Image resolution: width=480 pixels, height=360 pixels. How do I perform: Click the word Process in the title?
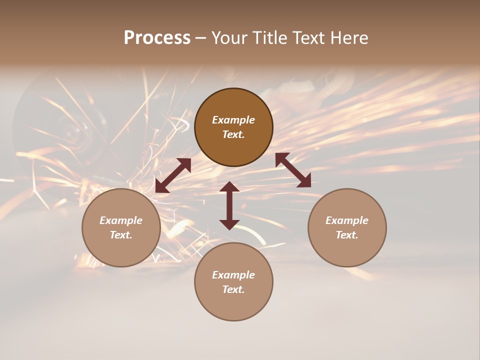(157, 38)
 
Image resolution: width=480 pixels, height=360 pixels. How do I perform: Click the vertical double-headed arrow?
(229, 205)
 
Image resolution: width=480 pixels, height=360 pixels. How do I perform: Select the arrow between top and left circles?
(173, 175)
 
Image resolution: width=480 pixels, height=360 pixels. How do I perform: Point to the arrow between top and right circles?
(293, 170)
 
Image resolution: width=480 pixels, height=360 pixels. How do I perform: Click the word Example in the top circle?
(233, 120)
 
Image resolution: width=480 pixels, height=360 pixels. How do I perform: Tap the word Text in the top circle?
(233, 134)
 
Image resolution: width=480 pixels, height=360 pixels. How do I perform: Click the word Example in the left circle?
(121, 220)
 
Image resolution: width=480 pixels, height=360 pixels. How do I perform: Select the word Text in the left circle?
(121, 235)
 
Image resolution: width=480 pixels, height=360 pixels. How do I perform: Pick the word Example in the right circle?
(347, 220)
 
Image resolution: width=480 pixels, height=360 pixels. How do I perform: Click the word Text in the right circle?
(347, 235)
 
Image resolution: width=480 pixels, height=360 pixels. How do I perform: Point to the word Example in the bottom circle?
(233, 275)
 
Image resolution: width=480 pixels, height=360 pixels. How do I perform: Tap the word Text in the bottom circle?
(233, 289)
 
